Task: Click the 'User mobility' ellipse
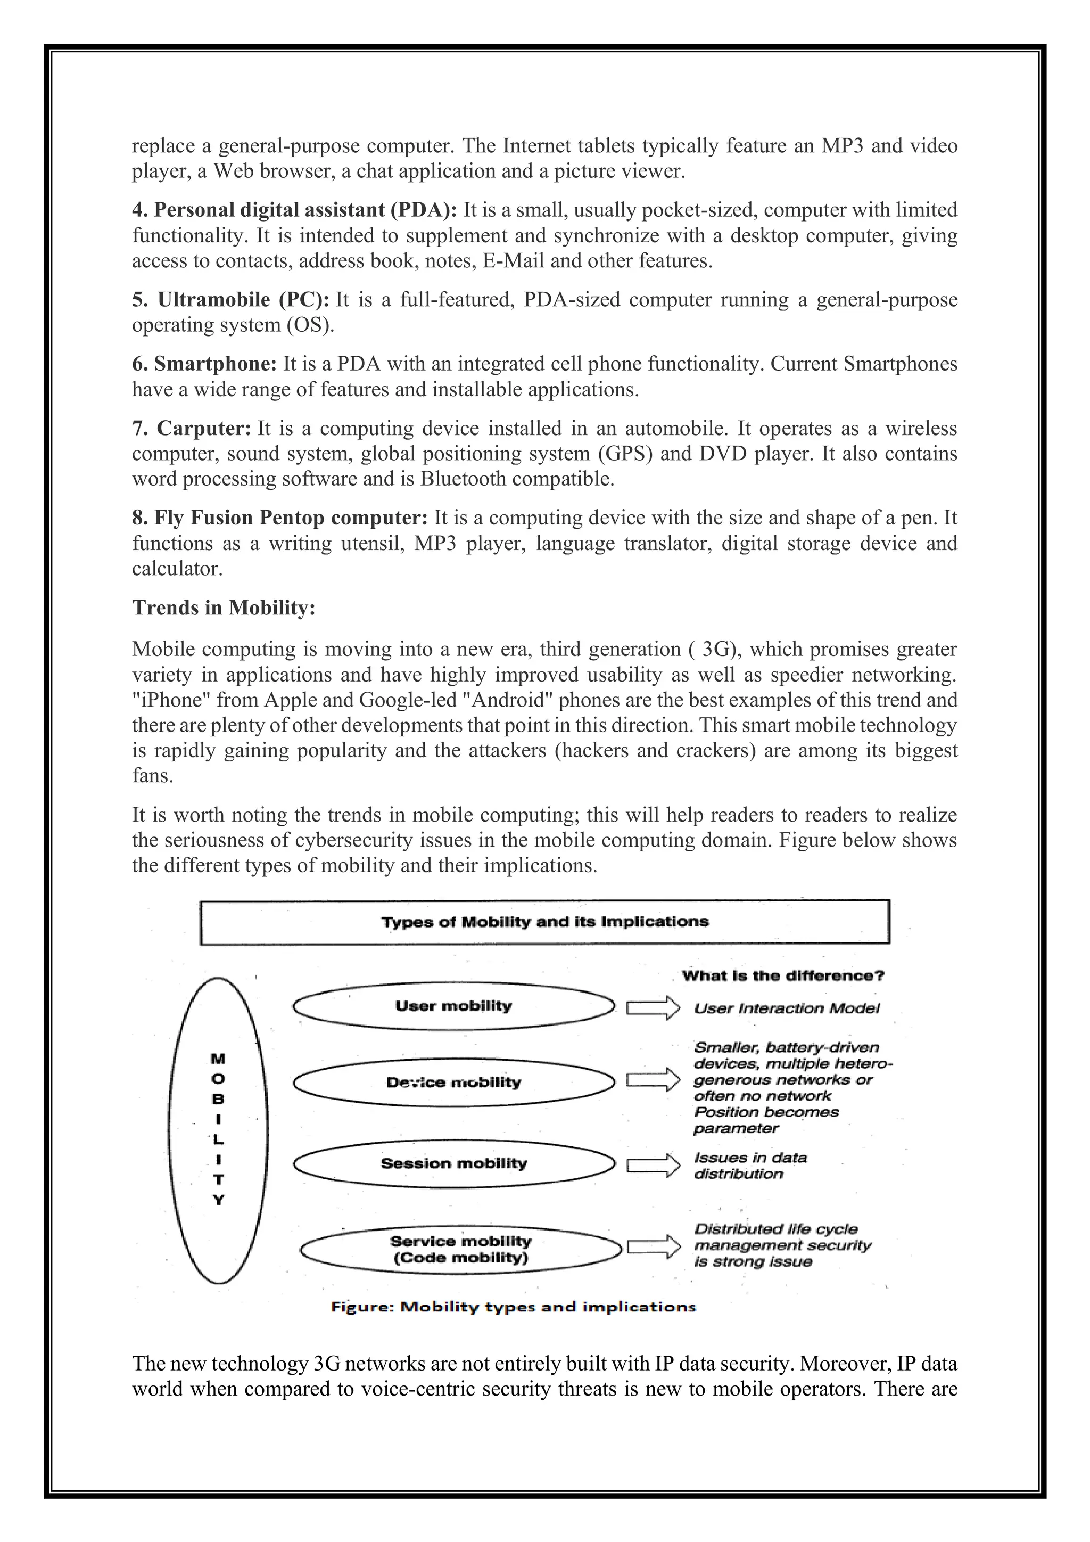[x=453, y=1005]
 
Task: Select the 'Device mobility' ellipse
[x=453, y=1082]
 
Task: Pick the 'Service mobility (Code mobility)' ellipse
[x=460, y=1249]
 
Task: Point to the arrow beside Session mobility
[x=648, y=1165]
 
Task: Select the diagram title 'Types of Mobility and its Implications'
[x=544, y=922]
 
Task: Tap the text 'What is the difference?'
[x=782, y=975]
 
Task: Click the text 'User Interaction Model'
[x=787, y=1007]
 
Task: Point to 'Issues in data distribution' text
[x=750, y=1166]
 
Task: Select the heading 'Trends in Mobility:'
[x=224, y=607]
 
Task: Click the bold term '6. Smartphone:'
[x=204, y=364]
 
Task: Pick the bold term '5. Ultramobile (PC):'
[x=230, y=300]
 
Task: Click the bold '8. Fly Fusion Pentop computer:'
[x=279, y=518]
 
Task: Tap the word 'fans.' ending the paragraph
[x=152, y=776]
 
